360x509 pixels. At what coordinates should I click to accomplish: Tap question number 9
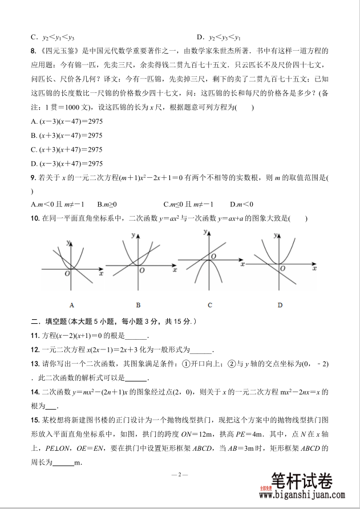click(x=33, y=178)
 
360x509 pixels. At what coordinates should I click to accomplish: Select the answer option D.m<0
click(x=241, y=204)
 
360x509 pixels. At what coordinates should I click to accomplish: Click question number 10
click(x=35, y=218)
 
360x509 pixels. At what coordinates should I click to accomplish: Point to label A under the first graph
click(x=71, y=304)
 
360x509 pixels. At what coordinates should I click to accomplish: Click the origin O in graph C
click(x=213, y=258)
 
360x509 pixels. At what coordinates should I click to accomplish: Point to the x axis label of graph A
click(x=100, y=274)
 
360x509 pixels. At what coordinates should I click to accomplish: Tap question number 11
click(x=35, y=336)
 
